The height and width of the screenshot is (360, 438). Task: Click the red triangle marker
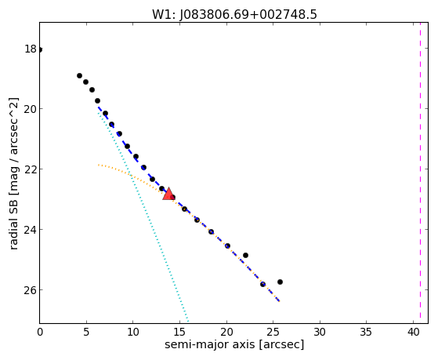tap(168, 195)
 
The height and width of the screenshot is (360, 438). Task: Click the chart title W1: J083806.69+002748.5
tap(234, 15)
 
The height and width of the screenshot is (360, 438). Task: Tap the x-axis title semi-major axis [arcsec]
tap(234, 344)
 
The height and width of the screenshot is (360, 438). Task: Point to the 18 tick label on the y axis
tap(31, 49)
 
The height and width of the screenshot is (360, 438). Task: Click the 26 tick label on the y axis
tap(31, 290)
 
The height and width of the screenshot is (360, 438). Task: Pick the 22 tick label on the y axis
tap(31, 169)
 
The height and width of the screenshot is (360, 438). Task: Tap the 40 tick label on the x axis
tap(413, 332)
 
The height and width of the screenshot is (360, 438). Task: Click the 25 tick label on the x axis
tap(273, 332)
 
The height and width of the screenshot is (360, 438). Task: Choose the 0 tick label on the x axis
tap(40, 332)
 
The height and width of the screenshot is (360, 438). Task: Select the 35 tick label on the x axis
tap(367, 332)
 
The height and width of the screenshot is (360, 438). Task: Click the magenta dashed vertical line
tap(420, 173)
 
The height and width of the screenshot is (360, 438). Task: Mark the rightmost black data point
tap(280, 282)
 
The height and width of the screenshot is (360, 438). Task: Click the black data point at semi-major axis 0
tap(40, 49)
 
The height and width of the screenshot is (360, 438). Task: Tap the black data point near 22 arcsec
tap(245, 255)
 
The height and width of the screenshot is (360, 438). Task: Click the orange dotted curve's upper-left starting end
tap(98, 165)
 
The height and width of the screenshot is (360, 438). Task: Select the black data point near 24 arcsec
tap(262, 284)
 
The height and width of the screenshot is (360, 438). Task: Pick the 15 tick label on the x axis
tap(180, 332)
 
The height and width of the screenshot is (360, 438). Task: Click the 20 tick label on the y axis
tap(31, 109)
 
